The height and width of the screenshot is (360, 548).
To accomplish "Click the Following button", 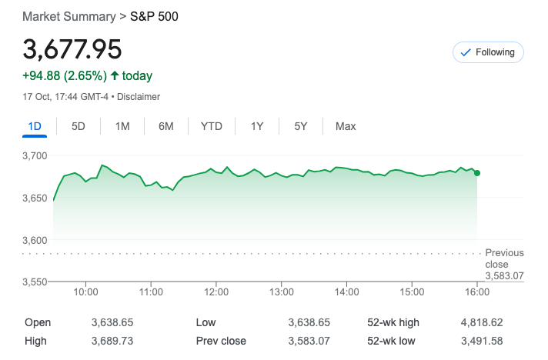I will click(489, 52).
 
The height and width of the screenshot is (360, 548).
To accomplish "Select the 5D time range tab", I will click(79, 126).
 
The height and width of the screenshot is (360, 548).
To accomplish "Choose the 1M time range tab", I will click(122, 126).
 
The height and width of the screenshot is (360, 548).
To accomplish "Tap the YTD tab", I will click(211, 126).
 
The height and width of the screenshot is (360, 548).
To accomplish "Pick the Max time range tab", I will click(346, 126).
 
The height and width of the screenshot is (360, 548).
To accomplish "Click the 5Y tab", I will click(301, 126).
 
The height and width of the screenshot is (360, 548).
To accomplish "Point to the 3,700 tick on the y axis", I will click(35, 156).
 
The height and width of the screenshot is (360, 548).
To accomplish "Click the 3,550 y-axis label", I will click(35, 282).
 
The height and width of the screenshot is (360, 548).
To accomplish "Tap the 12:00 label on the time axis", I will click(216, 292).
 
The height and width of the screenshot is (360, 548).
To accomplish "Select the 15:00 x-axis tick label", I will click(413, 292).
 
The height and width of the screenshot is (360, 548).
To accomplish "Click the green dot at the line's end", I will click(477, 173).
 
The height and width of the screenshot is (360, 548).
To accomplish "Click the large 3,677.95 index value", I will click(72, 49).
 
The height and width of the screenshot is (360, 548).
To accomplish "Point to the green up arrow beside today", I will click(115, 75).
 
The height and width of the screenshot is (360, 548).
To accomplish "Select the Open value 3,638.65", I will click(112, 323).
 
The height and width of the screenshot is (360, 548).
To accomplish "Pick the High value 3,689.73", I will click(112, 341).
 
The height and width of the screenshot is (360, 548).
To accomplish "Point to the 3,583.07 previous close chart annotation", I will click(504, 275).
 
